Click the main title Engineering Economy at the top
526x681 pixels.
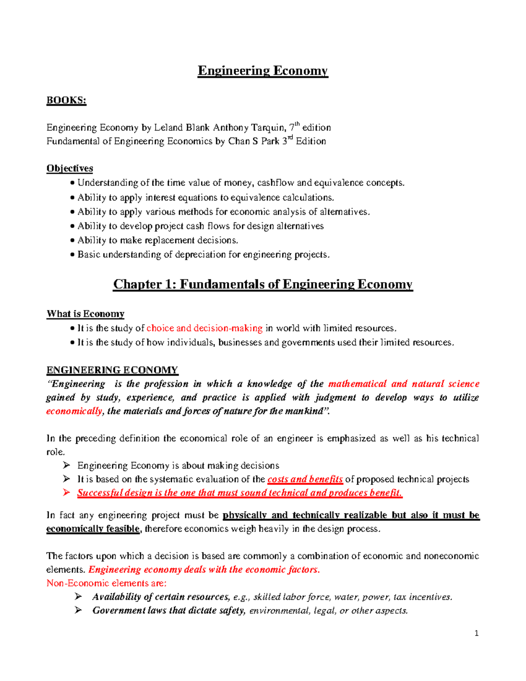point(263,71)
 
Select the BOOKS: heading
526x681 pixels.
point(66,100)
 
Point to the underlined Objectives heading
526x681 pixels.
point(70,168)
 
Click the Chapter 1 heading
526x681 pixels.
point(263,284)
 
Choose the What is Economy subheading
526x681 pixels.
point(85,314)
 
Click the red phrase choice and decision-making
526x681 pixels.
point(204,328)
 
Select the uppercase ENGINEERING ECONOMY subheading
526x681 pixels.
point(112,370)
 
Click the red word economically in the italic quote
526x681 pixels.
point(74,411)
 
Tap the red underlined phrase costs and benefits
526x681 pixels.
point(305,479)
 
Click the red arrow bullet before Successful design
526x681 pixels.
point(66,492)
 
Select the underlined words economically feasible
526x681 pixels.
point(93,529)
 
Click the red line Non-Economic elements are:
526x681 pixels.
point(107,583)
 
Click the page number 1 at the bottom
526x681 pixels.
point(476,633)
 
